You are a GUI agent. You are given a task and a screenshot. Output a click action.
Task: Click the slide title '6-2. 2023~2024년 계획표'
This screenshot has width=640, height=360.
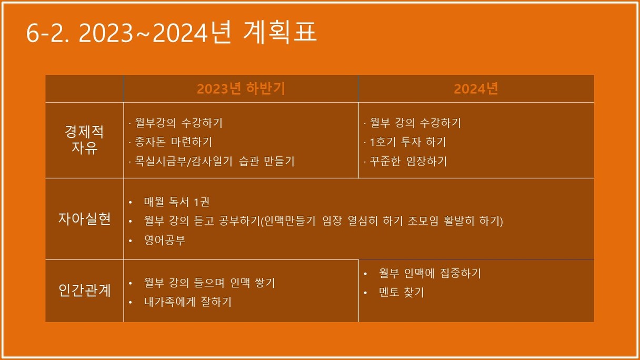click(x=172, y=32)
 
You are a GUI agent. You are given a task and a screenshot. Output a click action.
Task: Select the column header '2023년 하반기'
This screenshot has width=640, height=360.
click(x=241, y=88)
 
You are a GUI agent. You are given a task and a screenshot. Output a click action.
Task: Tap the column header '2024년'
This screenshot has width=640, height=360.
click(x=476, y=88)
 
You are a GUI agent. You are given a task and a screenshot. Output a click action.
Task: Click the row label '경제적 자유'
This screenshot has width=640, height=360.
click(x=84, y=139)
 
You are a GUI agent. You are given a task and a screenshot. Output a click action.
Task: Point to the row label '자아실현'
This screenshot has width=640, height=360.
click(x=84, y=219)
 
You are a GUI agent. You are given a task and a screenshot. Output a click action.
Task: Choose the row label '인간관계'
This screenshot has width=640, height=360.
click(x=84, y=291)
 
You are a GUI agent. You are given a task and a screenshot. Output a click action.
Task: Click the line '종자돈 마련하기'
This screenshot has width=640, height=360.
click(x=173, y=142)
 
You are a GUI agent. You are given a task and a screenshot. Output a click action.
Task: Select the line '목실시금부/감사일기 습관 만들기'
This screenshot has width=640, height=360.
click(x=214, y=161)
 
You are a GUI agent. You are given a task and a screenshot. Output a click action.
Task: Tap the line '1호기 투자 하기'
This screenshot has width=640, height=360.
click(x=408, y=142)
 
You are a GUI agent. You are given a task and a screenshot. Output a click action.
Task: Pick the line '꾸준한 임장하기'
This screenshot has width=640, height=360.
click(x=408, y=161)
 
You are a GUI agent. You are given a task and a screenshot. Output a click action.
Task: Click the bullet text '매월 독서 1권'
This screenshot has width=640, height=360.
click(x=177, y=202)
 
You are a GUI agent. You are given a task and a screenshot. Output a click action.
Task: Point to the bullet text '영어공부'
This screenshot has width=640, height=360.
click(x=165, y=240)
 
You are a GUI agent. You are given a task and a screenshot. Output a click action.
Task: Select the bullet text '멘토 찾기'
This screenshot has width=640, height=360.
click(x=402, y=292)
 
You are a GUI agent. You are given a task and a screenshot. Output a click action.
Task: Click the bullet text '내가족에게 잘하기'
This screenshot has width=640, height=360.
click(x=188, y=302)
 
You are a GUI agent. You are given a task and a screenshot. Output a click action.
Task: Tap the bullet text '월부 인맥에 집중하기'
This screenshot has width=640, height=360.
click(x=430, y=273)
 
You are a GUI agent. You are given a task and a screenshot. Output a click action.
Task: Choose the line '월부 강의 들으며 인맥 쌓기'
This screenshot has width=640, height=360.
click(x=209, y=283)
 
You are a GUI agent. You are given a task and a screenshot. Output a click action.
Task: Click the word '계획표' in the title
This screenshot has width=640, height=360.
click(x=280, y=32)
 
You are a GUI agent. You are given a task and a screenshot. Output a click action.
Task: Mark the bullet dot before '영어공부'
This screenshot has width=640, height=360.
click(x=131, y=241)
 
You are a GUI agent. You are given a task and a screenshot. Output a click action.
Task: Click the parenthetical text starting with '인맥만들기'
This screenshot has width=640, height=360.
click(x=382, y=221)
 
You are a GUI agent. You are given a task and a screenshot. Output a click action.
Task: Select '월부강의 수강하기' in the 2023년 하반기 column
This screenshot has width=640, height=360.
click(x=178, y=123)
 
